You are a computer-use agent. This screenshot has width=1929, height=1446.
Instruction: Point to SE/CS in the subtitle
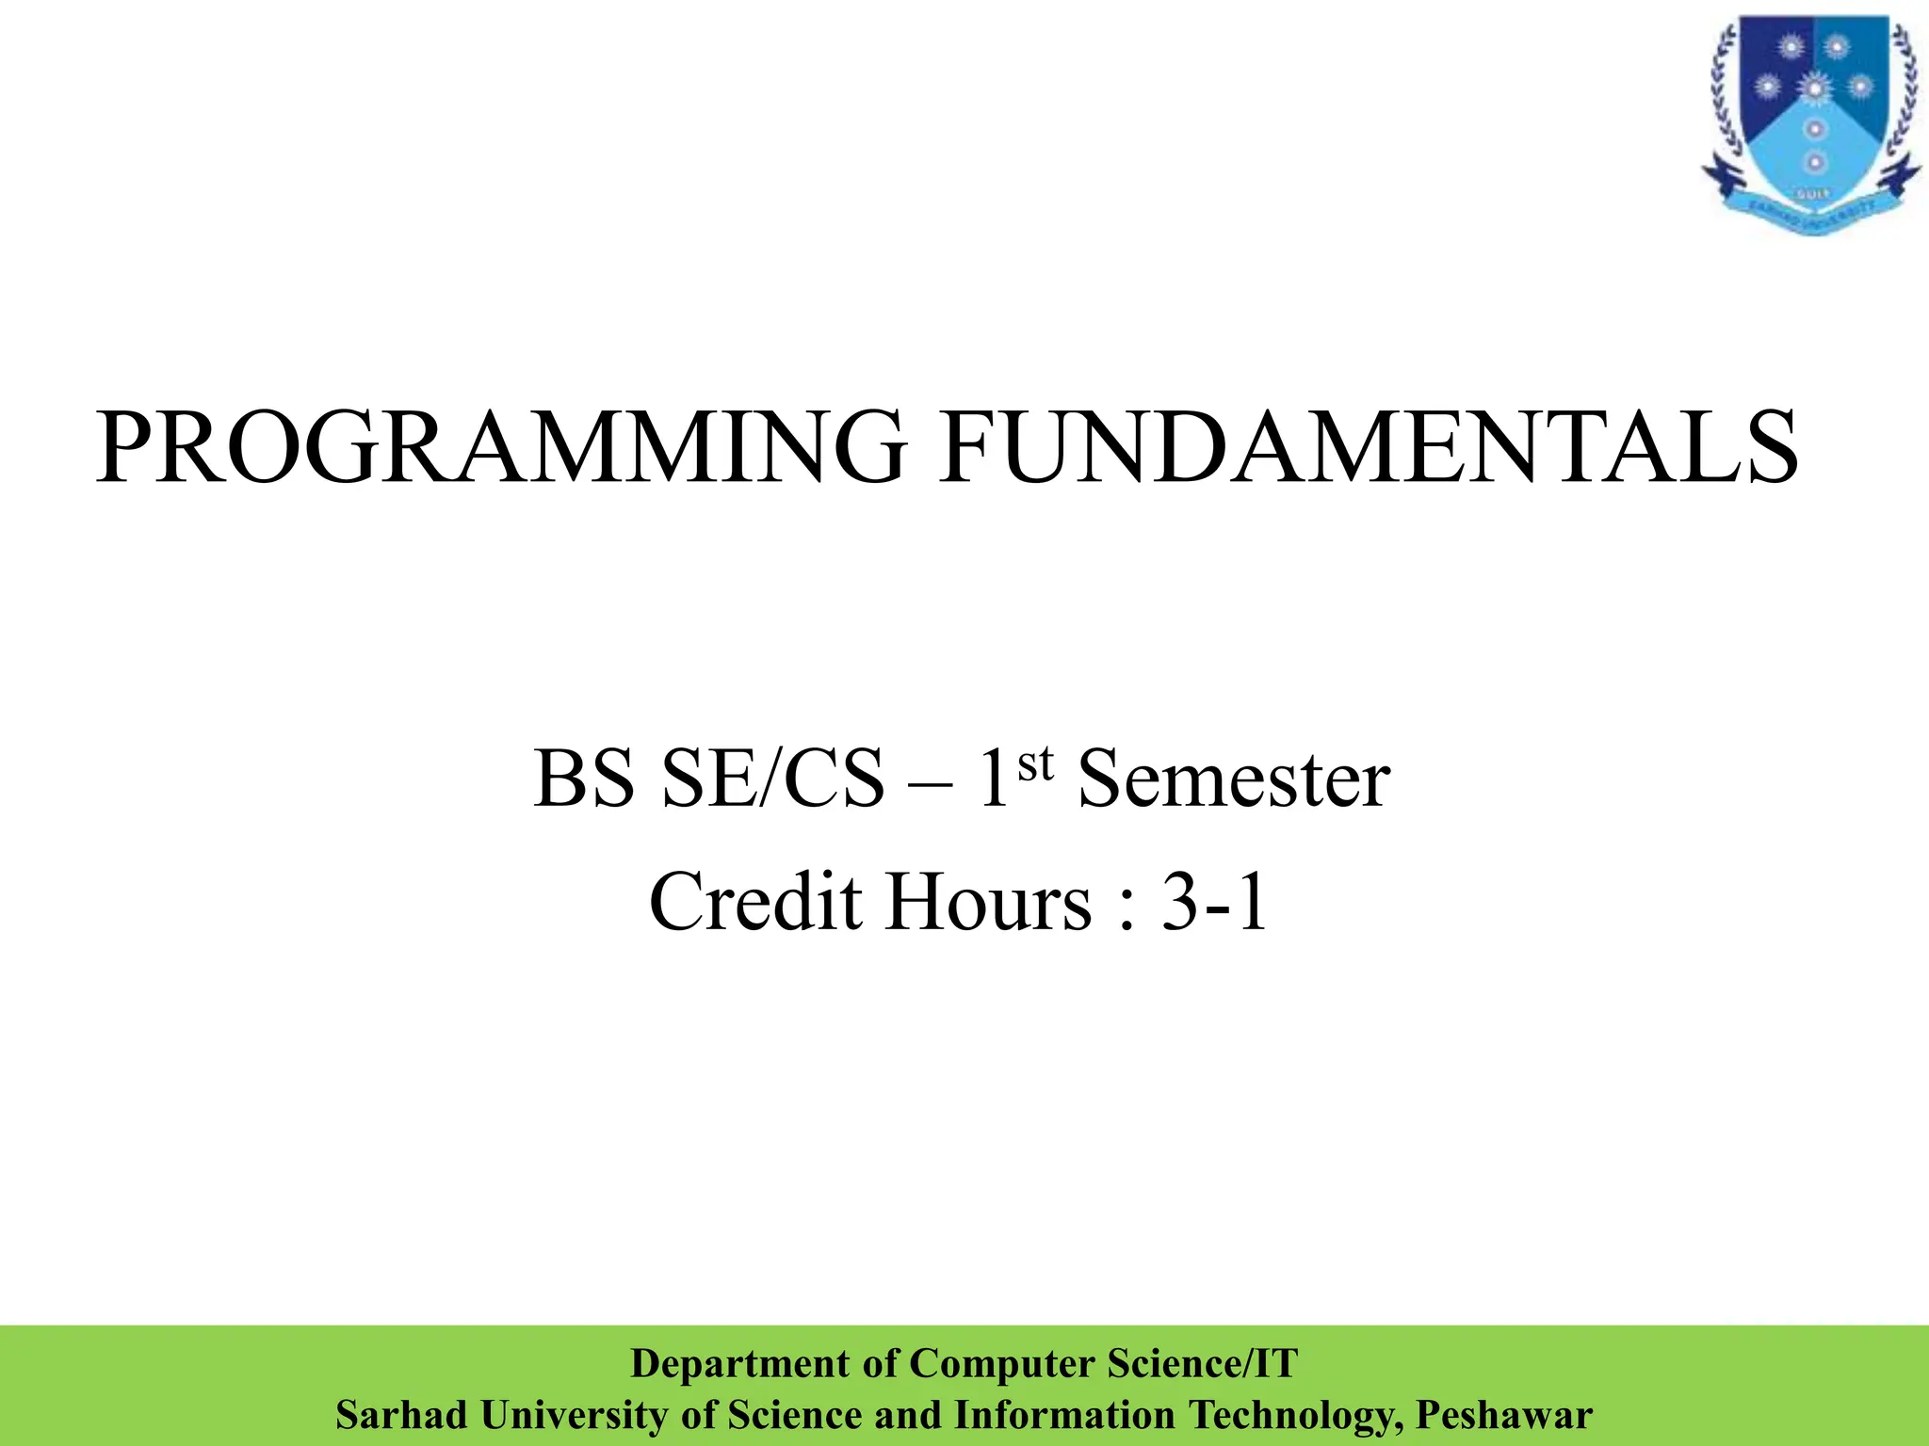pos(774,779)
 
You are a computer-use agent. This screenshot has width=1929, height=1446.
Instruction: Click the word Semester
pos(1233,779)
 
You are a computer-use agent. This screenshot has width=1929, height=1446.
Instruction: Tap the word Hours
pos(987,902)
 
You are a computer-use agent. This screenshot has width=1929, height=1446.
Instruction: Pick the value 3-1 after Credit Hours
pos(1215,902)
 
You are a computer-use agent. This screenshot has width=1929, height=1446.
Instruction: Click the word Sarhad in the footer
pos(401,1415)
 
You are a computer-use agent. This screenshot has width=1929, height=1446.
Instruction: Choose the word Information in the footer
pos(1064,1415)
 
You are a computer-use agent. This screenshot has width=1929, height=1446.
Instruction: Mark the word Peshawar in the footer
pos(1504,1415)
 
